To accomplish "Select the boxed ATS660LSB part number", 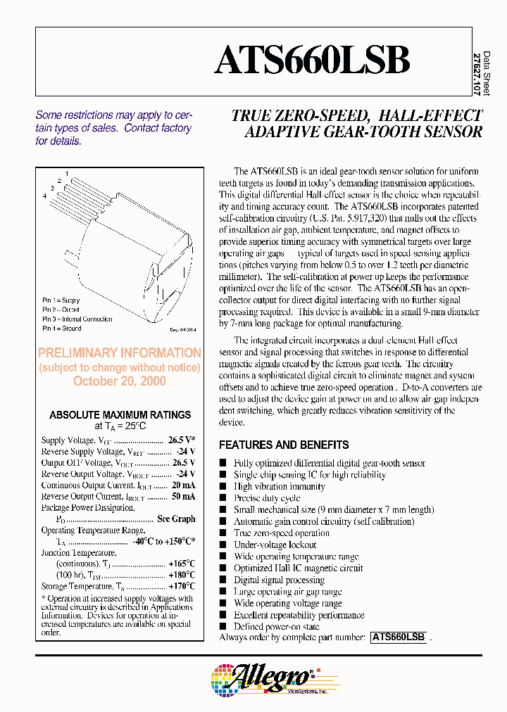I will tap(398, 637).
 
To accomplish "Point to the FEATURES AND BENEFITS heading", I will tap(284, 445).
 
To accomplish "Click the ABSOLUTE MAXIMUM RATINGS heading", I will tap(120, 415).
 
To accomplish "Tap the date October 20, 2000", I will tap(120, 381).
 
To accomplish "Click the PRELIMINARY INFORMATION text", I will tap(120, 353).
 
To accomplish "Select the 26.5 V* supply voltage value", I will tap(182, 440).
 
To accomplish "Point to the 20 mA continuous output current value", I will tap(184, 485).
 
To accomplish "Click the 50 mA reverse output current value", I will tap(184, 497).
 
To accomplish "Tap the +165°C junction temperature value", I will tap(182, 564).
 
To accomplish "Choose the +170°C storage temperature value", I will tap(182, 586).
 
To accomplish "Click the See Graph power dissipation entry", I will tap(176, 519).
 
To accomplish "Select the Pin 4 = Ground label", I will tap(62, 329).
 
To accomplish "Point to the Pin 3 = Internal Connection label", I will tap(77, 319).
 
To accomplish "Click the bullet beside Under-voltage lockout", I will tap(223, 545).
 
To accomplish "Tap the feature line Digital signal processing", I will tap(279, 580).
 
